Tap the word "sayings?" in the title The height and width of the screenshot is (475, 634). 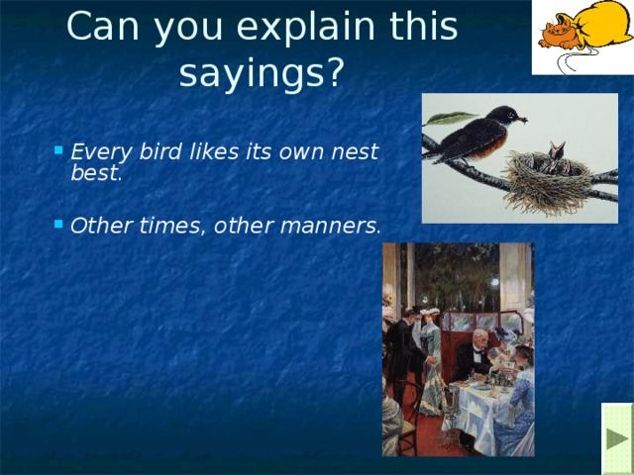pos(262,73)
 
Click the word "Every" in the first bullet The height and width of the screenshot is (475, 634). pos(97,153)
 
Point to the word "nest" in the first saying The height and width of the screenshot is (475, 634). pos(359,153)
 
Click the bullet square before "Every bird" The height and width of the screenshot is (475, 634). pos(60,152)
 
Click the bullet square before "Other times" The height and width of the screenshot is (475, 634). pos(60,224)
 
